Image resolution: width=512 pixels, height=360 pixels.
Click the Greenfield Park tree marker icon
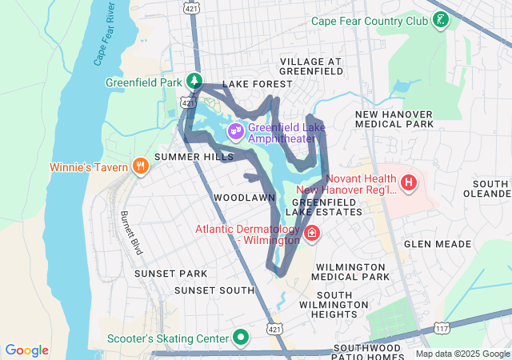coord(194,80)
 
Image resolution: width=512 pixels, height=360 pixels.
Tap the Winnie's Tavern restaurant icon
coord(141,166)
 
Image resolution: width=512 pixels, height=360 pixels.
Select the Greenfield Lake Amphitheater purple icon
coord(236,130)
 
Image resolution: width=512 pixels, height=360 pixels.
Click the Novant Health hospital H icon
coord(410,183)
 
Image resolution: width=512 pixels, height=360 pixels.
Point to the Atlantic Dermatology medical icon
coord(311,235)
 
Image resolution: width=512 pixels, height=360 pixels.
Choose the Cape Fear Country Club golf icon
coord(439,20)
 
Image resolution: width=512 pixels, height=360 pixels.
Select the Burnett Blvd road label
coord(130,233)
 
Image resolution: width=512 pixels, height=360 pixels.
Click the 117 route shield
coord(442,327)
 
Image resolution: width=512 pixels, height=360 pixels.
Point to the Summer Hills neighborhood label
coord(194,157)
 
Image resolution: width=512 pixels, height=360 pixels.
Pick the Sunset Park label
coord(165,274)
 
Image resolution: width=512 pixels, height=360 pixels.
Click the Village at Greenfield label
coord(311,66)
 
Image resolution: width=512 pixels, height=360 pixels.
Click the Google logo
coord(27,350)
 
